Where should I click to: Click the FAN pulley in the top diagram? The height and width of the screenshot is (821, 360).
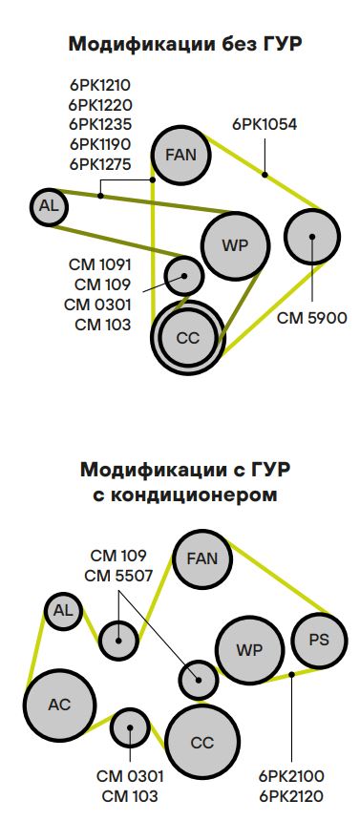[x=181, y=156]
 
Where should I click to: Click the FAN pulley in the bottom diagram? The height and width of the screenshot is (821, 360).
[x=202, y=559]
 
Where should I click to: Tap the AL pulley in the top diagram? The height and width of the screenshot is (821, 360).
[x=48, y=205]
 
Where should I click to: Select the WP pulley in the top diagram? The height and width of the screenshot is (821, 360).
[x=235, y=245]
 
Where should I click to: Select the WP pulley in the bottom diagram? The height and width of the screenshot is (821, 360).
[x=249, y=651]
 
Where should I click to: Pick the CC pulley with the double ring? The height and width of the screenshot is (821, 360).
[x=187, y=337]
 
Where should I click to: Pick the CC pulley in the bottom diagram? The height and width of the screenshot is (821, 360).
[x=202, y=743]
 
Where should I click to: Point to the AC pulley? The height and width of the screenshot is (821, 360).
[x=59, y=705]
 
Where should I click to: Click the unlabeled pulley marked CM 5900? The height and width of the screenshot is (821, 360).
[x=312, y=234]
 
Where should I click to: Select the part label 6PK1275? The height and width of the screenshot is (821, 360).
[x=100, y=163]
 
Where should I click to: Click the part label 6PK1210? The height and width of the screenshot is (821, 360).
[x=100, y=84]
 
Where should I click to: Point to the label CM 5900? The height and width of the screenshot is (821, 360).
[x=312, y=317]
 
